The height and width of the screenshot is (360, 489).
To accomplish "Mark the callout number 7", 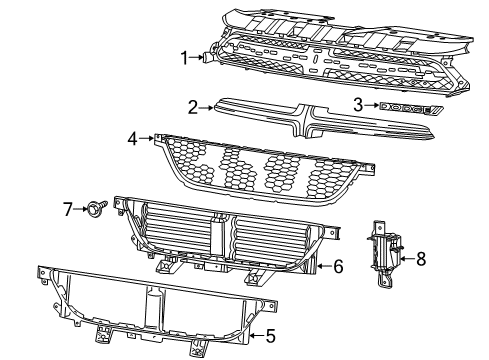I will click(68, 208).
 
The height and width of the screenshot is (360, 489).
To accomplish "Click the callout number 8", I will click(420, 258).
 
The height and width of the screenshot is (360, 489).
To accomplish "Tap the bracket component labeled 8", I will click(385, 258).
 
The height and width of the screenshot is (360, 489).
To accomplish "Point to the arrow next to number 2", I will click(208, 106).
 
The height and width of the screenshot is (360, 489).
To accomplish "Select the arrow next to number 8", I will click(406, 258).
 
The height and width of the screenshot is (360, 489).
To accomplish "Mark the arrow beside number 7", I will click(82, 208).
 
